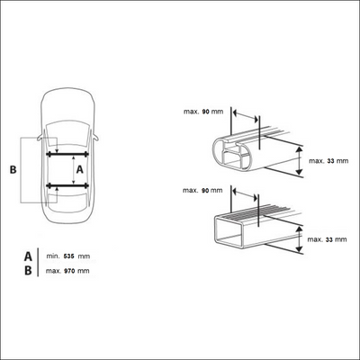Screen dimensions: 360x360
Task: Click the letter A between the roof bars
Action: (x=79, y=170)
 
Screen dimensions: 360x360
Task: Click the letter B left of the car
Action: (x=13, y=170)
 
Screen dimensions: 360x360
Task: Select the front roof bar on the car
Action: (x=67, y=155)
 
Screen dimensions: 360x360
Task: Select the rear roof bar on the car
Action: (x=67, y=185)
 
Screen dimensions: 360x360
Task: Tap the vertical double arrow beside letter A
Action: (x=74, y=170)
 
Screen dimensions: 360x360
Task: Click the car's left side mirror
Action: (x=40, y=138)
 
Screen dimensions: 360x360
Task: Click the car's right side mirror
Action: (x=95, y=138)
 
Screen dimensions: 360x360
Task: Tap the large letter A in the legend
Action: (x=28, y=256)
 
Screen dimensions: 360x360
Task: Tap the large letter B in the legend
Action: (x=28, y=271)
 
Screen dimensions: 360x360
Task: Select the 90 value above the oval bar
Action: (x=206, y=112)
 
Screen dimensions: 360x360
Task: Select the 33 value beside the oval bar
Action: (x=331, y=161)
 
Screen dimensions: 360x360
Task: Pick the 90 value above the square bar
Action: (x=205, y=191)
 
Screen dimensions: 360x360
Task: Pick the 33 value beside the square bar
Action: (x=329, y=239)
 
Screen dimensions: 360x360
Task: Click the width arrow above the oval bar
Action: (x=246, y=116)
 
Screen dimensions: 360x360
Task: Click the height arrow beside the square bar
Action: (x=299, y=239)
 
